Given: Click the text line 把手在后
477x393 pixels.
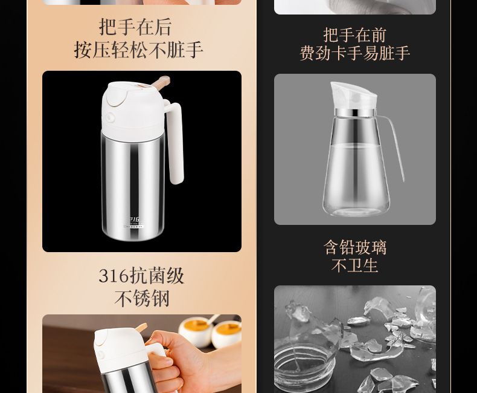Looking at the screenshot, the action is [135, 27].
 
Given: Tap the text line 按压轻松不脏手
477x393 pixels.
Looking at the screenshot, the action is [138, 50].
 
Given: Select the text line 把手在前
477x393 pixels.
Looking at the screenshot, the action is [354, 34].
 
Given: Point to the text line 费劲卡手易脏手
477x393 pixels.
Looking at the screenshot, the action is [354, 53].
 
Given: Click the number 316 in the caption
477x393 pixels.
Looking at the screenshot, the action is [114, 276].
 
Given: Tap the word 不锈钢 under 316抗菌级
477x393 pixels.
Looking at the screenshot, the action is [142, 298].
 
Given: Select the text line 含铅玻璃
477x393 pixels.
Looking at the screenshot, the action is [354, 247].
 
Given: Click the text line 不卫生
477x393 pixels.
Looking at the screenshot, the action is [354, 265].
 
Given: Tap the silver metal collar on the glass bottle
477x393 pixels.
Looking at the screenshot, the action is [353, 112].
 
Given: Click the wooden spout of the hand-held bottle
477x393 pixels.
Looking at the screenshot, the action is [141, 328].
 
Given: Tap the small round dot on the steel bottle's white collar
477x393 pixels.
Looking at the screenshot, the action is [109, 117].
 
